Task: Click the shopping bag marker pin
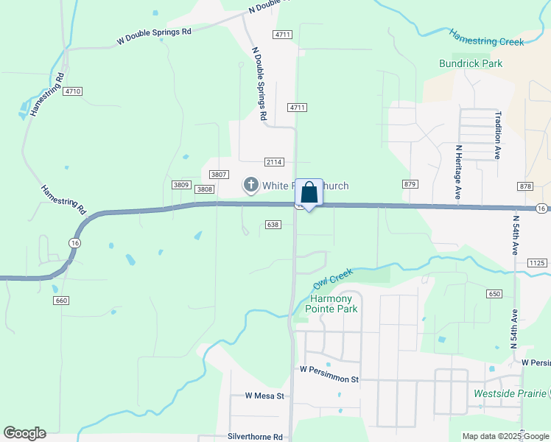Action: (310, 194)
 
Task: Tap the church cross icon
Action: (250, 185)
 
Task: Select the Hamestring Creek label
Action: (487, 38)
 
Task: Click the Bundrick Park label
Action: (471, 63)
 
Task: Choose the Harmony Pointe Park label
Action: (334, 304)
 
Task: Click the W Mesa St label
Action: (264, 396)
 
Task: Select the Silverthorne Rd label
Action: (256, 437)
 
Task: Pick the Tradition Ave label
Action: (498, 136)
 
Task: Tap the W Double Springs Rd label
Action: (154, 37)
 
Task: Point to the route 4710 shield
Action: (72, 91)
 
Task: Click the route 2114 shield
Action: (274, 162)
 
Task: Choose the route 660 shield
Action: (61, 301)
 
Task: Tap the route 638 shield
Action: (273, 224)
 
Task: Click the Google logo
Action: (24, 432)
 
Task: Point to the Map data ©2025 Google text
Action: (506, 436)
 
